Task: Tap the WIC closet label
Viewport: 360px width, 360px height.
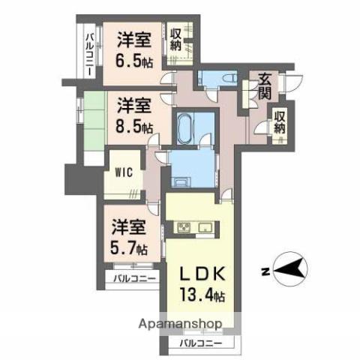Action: (124, 172)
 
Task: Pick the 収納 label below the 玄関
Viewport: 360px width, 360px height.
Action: (279, 122)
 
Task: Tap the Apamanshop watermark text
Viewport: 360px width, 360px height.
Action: (180, 323)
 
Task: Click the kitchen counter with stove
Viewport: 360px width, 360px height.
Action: (194, 227)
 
